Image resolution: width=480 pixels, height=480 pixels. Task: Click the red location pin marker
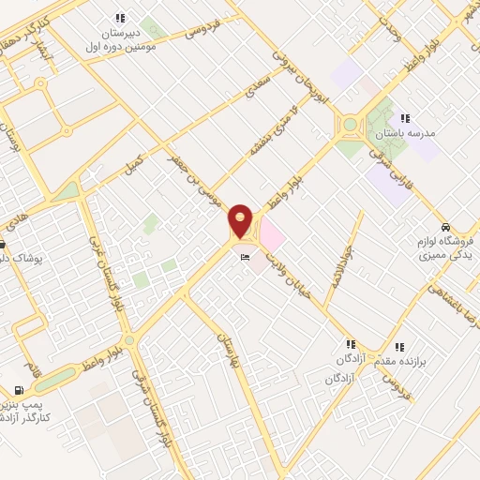241,221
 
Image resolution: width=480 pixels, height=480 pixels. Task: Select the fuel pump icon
19,390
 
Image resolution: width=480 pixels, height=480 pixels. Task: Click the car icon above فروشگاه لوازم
448,228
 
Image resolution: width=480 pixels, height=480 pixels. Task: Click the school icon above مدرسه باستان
405,118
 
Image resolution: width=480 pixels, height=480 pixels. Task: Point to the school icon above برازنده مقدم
400,346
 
